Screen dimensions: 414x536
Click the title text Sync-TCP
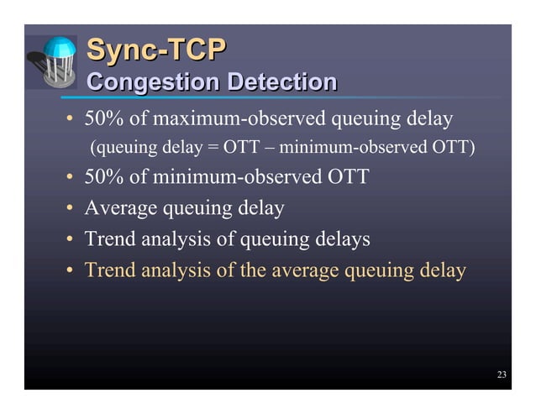tap(156, 51)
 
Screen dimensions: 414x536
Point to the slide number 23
tap(502, 375)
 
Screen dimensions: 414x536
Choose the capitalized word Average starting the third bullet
tap(117, 207)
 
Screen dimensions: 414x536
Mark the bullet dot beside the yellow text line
tap(71, 271)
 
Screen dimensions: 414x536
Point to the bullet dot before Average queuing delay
tap(71, 208)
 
